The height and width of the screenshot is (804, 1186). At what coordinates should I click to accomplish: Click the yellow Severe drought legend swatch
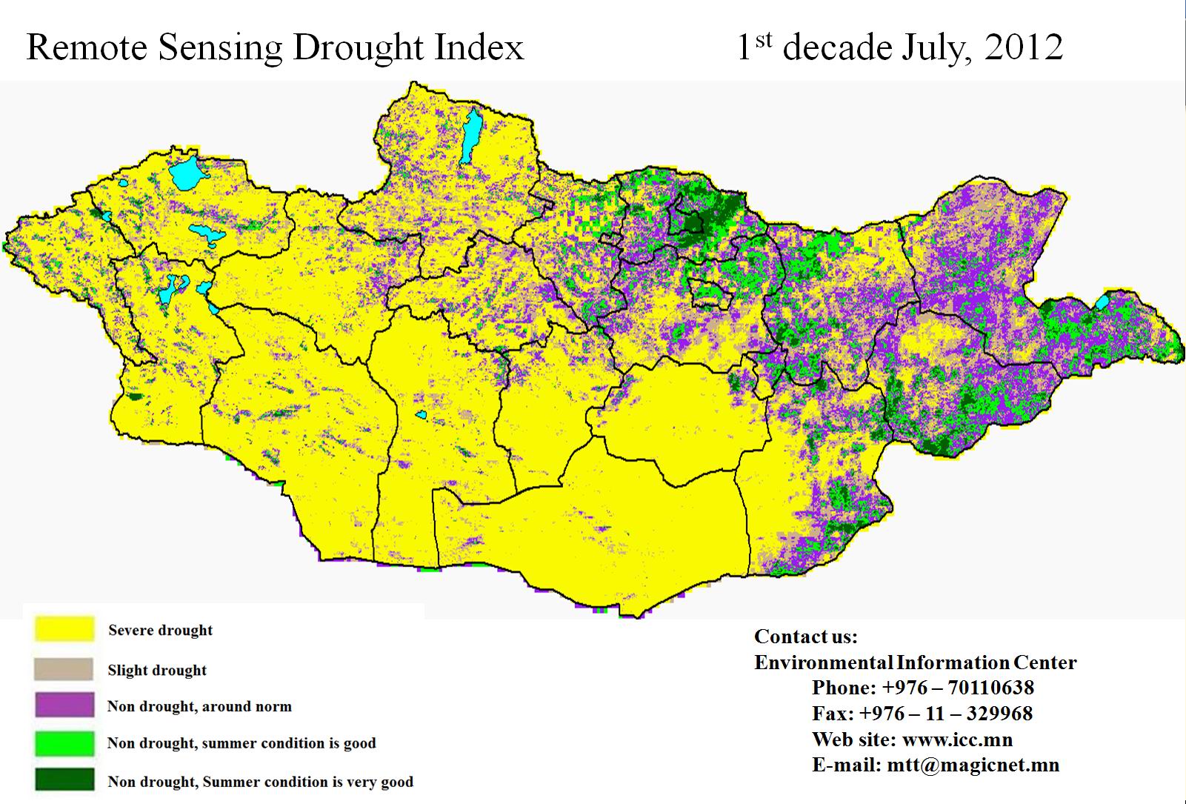[64, 629]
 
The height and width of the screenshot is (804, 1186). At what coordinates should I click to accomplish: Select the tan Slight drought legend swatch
[64, 669]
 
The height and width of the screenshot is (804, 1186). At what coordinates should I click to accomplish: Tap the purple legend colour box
[64, 705]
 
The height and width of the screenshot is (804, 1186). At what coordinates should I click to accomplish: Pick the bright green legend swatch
[64, 743]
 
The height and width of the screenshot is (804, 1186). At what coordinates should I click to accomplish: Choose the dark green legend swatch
[64, 780]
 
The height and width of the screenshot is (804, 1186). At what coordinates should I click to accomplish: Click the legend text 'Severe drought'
[160, 631]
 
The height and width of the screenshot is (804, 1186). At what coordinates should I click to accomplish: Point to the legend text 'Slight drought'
[157, 671]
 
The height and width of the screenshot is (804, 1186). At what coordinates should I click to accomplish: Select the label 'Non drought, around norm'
[199, 706]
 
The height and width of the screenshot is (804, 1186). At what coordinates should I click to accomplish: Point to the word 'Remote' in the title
[87, 47]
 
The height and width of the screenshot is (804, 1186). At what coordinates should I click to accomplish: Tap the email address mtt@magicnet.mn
[973, 765]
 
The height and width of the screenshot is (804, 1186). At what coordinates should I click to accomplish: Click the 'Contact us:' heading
[805, 637]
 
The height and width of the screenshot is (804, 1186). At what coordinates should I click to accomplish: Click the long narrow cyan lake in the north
[470, 136]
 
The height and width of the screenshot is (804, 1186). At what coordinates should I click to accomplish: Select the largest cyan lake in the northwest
[187, 173]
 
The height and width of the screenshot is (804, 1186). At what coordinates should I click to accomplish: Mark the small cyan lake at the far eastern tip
[1102, 302]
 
